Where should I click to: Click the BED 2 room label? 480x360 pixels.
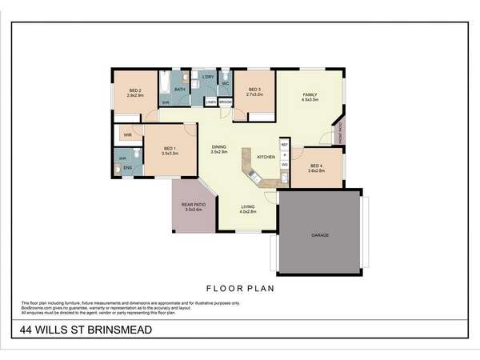pyautogui.click(x=134, y=90)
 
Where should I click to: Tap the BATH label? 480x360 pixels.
pyautogui.click(x=180, y=90)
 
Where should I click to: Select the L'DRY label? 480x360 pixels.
pyautogui.click(x=208, y=77)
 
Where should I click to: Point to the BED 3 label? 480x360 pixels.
pyautogui.click(x=254, y=90)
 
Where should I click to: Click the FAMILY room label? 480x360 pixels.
pyautogui.click(x=310, y=95)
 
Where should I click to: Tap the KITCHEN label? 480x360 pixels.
pyautogui.click(x=266, y=157)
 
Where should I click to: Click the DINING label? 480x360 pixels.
pyautogui.click(x=218, y=147)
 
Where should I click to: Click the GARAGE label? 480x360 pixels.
pyautogui.click(x=320, y=235)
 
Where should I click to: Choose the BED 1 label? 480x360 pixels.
pyautogui.click(x=170, y=148)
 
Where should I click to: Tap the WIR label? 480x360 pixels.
pyautogui.click(x=128, y=134)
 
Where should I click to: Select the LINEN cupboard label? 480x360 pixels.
pyautogui.click(x=210, y=102)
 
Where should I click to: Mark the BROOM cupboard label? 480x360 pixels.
pyautogui.click(x=226, y=102)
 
